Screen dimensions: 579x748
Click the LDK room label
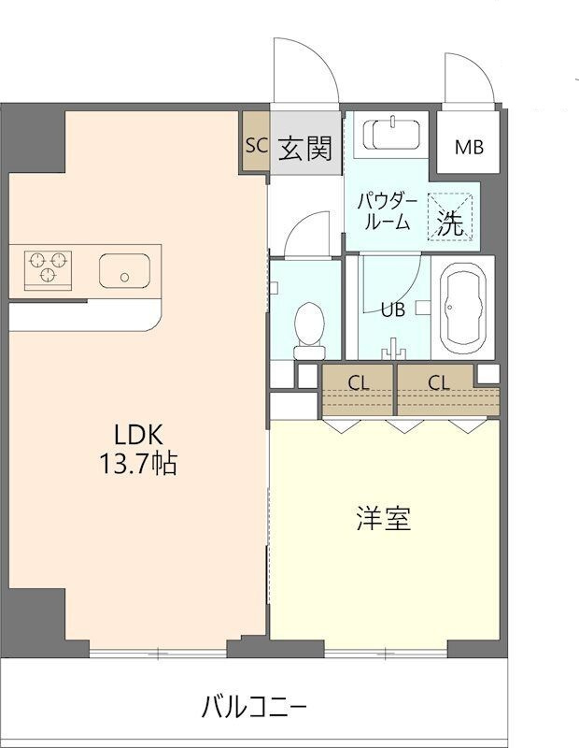point(138,434)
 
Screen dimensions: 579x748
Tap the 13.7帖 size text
point(137,464)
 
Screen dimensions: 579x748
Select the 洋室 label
point(384,519)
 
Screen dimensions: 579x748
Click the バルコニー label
point(253,707)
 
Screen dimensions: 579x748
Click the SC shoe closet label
point(257,145)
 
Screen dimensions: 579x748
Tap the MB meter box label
point(469,148)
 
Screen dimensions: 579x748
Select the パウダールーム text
point(387,212)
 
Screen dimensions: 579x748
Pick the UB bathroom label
point(393,310)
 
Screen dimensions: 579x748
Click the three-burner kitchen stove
point(48,270)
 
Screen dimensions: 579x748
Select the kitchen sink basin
point(124,270)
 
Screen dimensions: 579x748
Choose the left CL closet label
point(359,382)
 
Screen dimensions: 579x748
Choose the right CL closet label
point(438,382)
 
